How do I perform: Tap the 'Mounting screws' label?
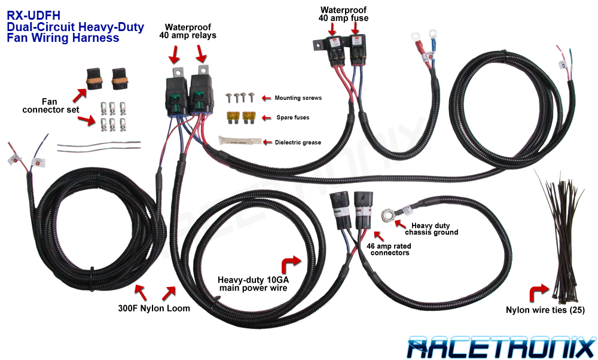tap(298, 97)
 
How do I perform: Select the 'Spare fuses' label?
tap(292, 117)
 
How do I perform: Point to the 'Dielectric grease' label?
tap(298, 142)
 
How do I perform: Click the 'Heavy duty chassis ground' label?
tap(432, 228)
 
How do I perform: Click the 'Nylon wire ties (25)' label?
tap(545, 310)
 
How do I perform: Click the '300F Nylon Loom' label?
tap(154, 309)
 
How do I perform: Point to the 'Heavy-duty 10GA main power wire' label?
tap(252, 283)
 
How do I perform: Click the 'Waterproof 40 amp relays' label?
tap(187, 31)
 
